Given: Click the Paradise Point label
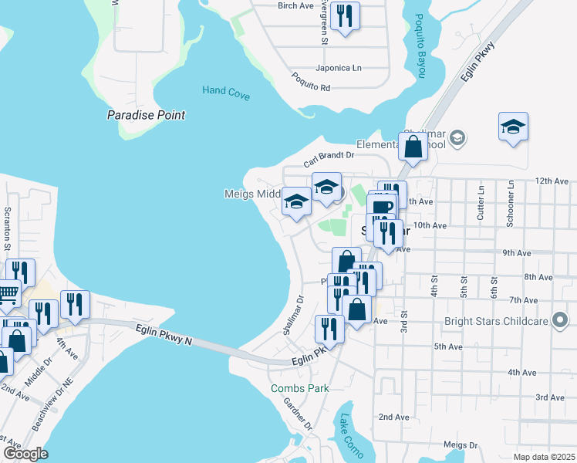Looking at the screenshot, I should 146,115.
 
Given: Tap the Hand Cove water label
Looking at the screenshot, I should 226,91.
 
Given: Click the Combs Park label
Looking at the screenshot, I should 299,388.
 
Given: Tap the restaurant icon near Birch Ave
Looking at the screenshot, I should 344,15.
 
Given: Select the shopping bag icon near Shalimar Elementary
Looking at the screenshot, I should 413,147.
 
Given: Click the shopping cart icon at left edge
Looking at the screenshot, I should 8,293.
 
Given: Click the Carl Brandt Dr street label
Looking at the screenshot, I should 328,159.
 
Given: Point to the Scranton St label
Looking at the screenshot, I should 8,228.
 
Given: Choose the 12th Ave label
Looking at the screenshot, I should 551,181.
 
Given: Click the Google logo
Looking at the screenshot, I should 25,454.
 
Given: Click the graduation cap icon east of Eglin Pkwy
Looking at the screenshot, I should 513,126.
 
